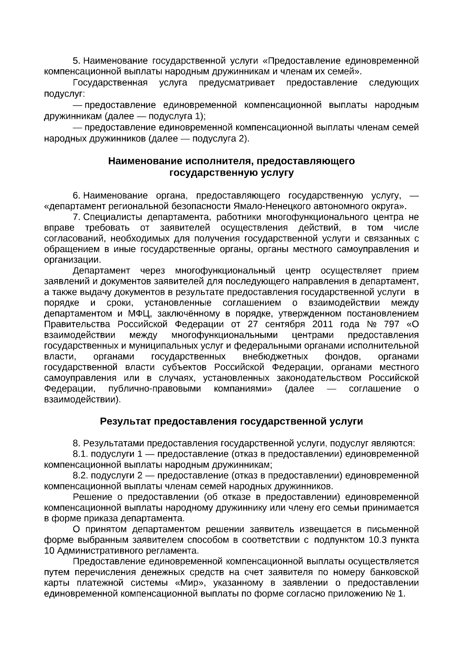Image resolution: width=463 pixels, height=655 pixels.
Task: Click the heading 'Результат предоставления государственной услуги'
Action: (231, 421)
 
